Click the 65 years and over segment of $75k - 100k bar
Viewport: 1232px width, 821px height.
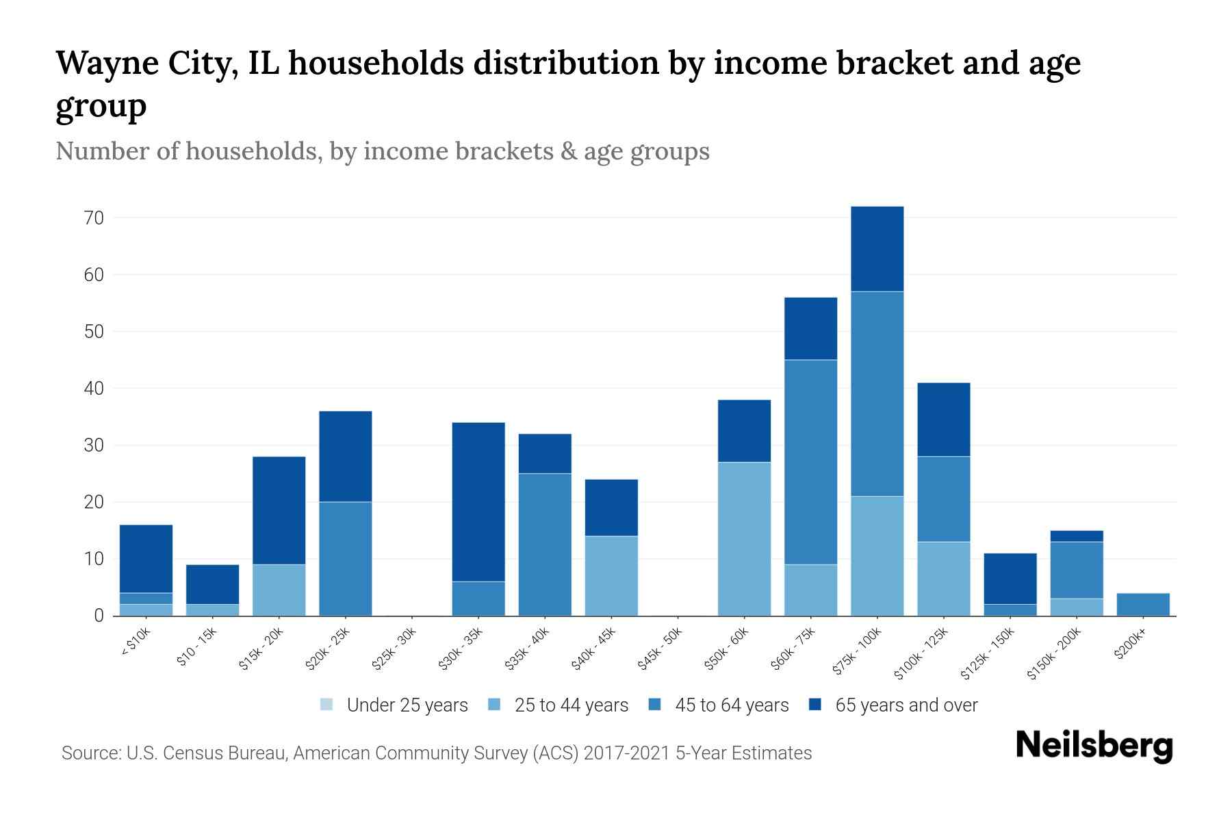tap(877, 249)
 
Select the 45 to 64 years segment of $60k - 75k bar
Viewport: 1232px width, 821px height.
tap(810, 462)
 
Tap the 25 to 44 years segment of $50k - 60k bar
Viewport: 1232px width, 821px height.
tap(744, 539)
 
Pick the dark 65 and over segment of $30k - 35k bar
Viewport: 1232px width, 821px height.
tap(478, 502)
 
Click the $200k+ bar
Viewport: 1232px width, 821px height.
tap(1142, 604)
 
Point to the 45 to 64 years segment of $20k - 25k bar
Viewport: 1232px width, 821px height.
tap(346, 559)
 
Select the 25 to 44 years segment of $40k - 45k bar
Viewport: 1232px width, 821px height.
tap(611, 575)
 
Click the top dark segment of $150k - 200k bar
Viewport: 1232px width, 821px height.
tap(1076, 536)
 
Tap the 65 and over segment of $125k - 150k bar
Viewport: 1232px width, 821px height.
tap(1010, 579)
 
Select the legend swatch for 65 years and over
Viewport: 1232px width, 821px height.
tap(815, 705)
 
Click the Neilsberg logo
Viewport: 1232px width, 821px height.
tap(1094, 746)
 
